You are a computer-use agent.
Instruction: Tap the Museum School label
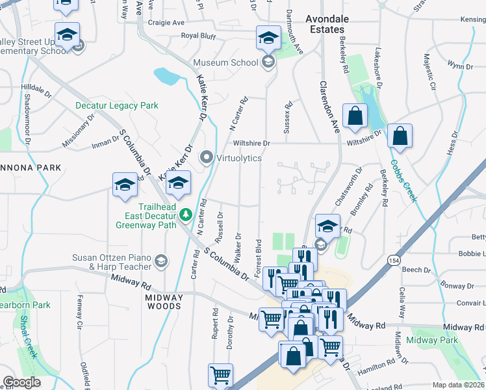pos(225,62)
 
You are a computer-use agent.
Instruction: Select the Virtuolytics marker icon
pos(207,157)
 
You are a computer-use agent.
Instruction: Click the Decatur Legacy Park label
pos(116,105)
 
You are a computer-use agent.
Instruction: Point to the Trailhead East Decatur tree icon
pos(186,214)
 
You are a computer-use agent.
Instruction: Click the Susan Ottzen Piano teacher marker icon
pos(160,262)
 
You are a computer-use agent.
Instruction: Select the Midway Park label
pos(431,340)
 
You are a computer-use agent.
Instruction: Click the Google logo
pos(21,383)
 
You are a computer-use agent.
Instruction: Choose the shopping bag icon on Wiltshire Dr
pos(400,136)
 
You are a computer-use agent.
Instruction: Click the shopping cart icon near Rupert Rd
pos(220,375)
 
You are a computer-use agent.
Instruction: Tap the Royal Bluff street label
pos(198,36)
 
